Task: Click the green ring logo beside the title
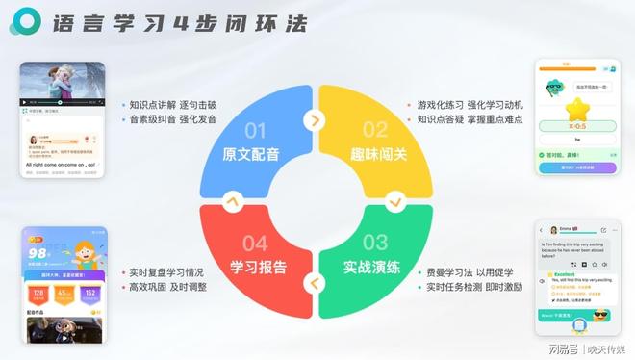point(28,23)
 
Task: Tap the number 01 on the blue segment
point(255,130)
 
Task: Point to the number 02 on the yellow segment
point(375,130)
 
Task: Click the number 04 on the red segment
point(255,242)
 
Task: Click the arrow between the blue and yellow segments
point(314,120)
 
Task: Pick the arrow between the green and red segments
point(314,282)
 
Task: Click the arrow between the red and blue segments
point(231,201)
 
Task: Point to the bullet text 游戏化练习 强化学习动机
point(469,104)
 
